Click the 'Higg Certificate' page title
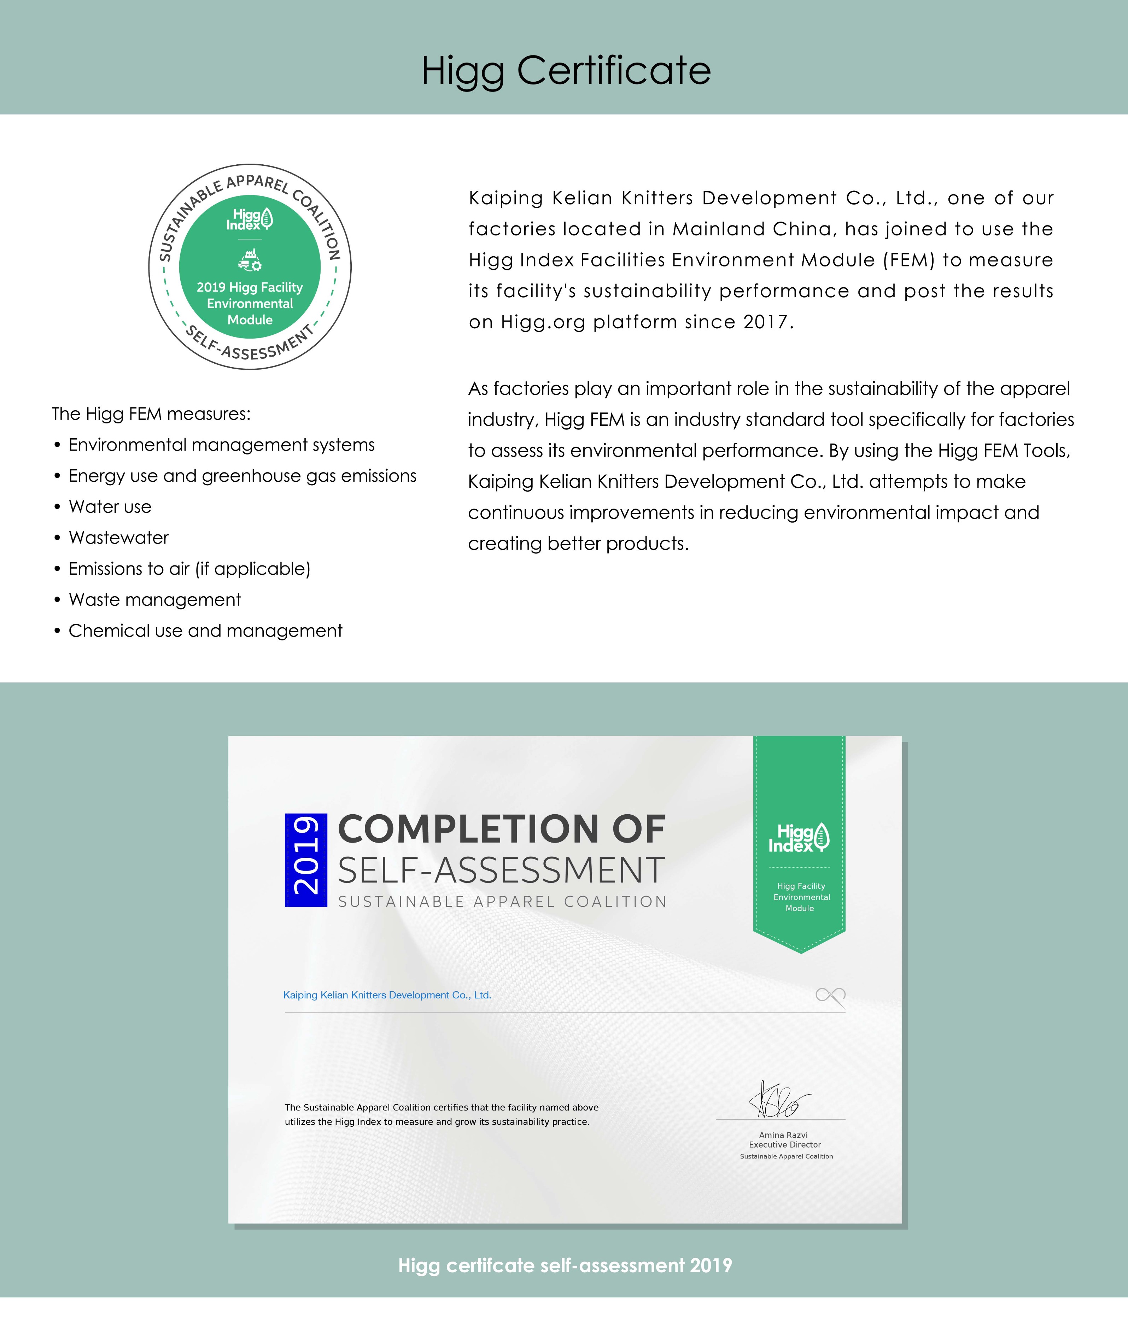tap(566, 70)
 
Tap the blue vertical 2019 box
tap(306, 860)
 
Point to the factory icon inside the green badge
tap(250, 259)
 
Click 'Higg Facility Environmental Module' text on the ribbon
tap(800, 897)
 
